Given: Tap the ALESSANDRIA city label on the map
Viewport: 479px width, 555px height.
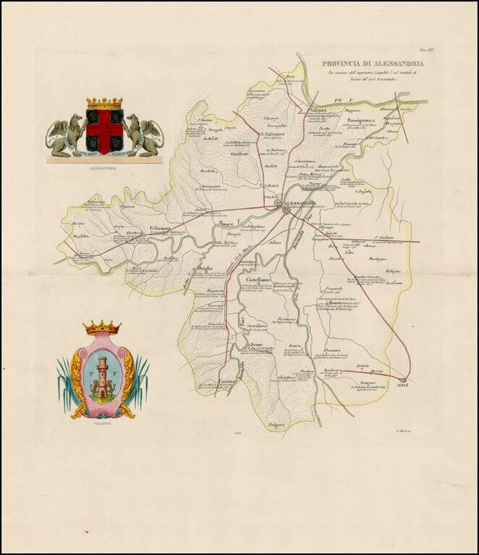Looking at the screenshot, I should coord(302,204).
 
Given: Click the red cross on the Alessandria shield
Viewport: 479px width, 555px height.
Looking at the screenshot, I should coord(104,129).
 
